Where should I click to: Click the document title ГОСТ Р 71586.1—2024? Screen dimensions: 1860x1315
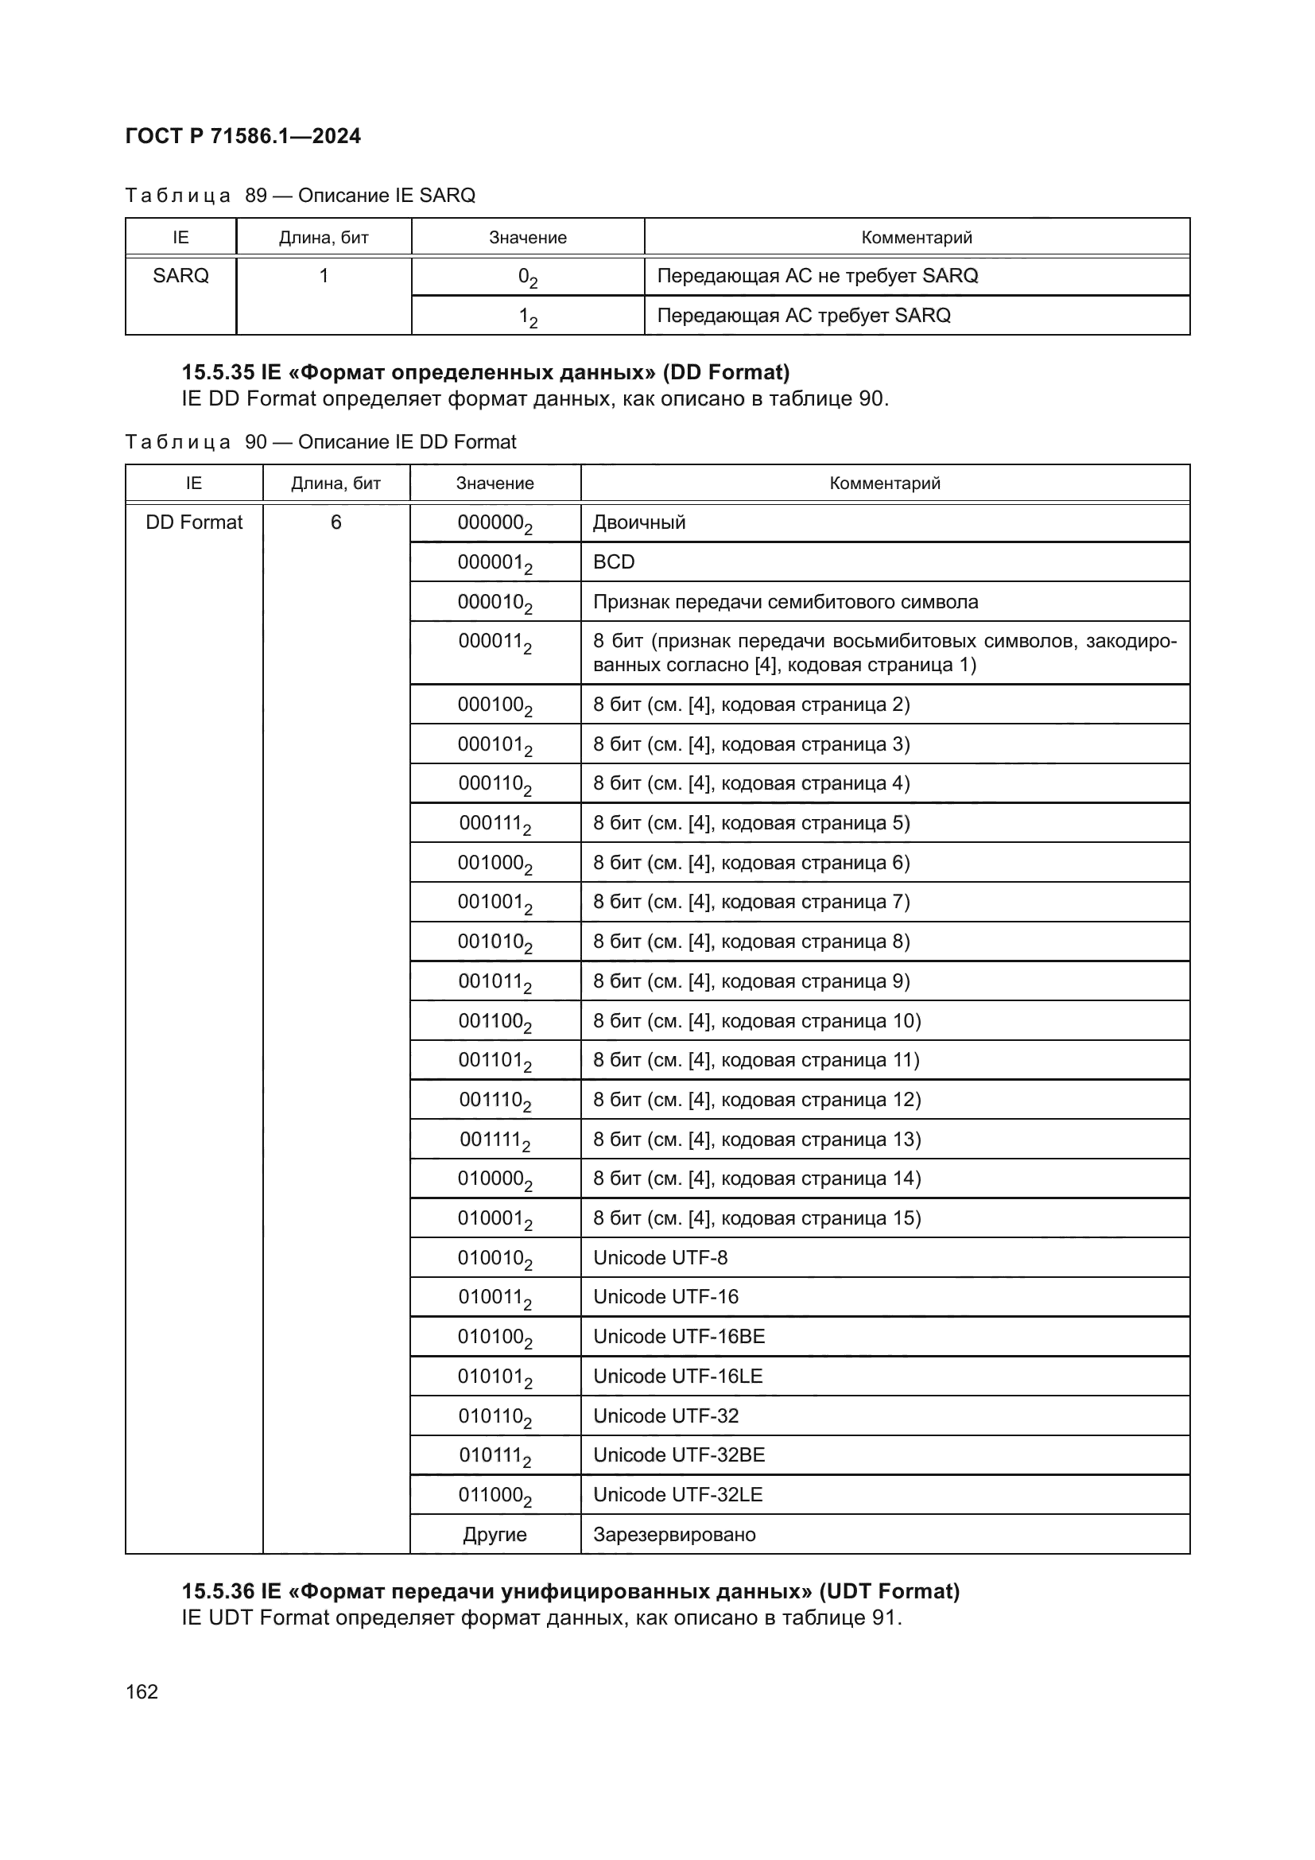click(x=243, y=136)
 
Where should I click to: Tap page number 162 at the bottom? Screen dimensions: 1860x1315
click(x=142, y=1691)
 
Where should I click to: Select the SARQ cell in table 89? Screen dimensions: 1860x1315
click(x=180, y=276)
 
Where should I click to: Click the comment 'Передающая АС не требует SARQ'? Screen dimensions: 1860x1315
click(x=817, y=276)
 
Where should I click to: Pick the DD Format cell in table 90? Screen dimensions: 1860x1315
click(x=193, y=522)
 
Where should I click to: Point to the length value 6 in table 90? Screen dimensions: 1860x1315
click(x=336, y=522)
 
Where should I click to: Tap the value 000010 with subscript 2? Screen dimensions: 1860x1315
click(x=495, y=603)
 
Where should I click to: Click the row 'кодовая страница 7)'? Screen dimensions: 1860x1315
click(x=751, y=902)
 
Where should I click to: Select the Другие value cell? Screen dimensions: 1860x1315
click(x=495, y=1534)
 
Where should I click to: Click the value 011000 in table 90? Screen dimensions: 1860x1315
click(x=495, y=1496)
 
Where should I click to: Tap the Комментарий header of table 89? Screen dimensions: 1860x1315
click(x=916, y=237)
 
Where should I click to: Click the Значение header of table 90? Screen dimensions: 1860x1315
click(x=495, y=483)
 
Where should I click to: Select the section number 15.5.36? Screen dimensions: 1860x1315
click(x=218, y=1591)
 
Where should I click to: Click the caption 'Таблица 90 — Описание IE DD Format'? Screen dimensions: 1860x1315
click(x=320, y=442)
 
